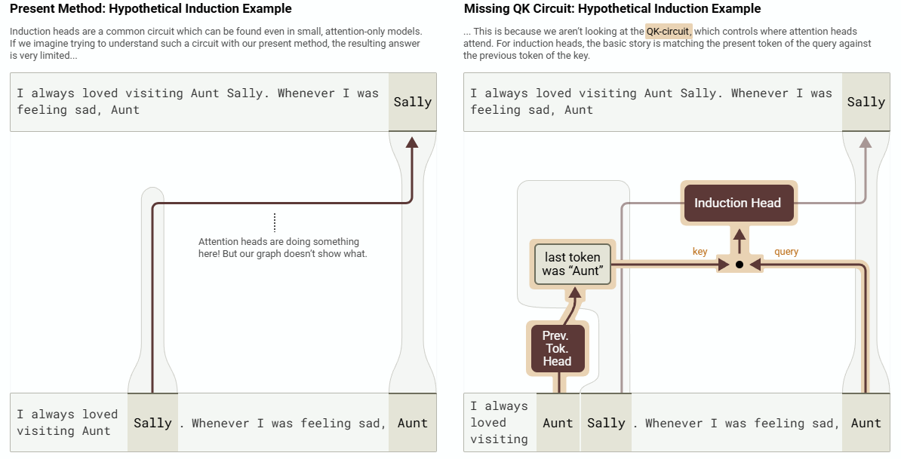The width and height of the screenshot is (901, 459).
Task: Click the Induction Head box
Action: point(737,203)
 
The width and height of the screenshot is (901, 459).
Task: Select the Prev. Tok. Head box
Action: point(558,348)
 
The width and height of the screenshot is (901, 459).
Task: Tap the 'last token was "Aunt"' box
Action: point(572,265)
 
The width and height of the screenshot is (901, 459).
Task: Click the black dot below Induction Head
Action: point(740,265)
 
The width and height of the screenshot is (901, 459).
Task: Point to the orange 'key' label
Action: point(700,251)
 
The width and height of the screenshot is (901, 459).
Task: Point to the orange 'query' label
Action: point(786,251)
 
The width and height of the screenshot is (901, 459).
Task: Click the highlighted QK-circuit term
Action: point(669,32)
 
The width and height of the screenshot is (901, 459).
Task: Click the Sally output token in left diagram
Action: point(413,103)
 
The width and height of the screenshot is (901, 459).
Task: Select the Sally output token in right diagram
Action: point(866,103)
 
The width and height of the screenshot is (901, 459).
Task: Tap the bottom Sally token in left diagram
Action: point(152,423)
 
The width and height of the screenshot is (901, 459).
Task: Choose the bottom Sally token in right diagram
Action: point(606,423)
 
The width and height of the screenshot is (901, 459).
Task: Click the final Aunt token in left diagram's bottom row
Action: point(413,423)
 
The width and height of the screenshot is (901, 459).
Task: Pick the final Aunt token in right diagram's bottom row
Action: point(866,423)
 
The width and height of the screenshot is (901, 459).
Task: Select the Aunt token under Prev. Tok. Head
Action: point(558,423)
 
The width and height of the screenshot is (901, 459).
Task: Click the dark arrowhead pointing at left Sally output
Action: point(412,142)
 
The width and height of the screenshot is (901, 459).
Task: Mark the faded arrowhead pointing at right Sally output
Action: point(866,142)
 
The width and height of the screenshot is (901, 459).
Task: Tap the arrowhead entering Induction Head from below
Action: point(740,234)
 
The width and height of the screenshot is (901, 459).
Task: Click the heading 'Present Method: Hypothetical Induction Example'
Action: point(151,8)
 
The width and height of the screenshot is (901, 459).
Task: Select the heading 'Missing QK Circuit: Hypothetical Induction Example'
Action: point(613,8)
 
